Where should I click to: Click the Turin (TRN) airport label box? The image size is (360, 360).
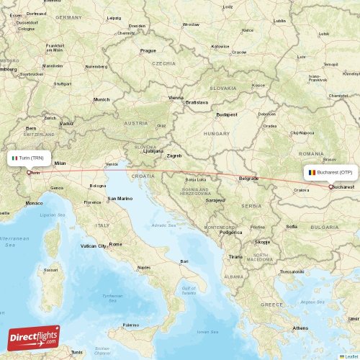tap(30, 157)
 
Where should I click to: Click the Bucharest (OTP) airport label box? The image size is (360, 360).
tap(330, 173)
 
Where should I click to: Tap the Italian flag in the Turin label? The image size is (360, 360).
tap(15, 157)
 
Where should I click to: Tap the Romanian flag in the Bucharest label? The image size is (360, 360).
tap(311, 173)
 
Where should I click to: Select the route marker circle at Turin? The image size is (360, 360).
tap(29, 172)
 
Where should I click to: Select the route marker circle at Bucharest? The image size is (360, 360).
tap(330, 187)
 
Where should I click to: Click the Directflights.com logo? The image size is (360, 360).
tap(34, 336)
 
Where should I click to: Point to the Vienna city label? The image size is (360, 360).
tap(176, 98)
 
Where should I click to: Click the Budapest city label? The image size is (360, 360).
tap(226, 114)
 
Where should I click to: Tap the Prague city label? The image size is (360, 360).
tap(148, 50)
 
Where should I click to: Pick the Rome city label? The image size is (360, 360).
tap(115, 244)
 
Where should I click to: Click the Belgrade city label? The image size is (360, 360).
tap(249, 178)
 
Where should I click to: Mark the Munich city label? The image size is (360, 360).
tap(102, 99)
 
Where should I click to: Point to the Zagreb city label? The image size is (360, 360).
tap(174, 155)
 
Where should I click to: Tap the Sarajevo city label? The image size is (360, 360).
tap(215, 200)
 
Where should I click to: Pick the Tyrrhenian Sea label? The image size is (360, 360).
tap(112, 296)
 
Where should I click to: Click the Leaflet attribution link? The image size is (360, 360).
tap(351, 356)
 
